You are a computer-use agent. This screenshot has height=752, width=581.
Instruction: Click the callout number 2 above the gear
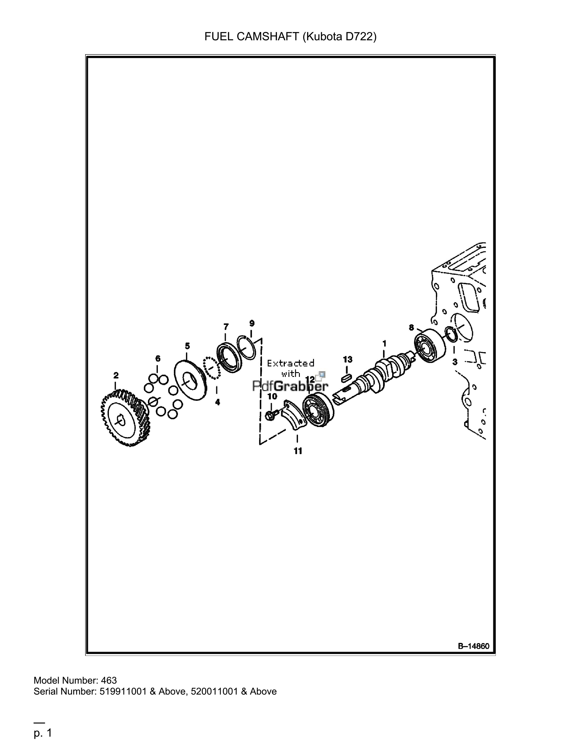click(116, 375)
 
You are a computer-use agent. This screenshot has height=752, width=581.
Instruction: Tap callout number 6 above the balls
click(158, 358)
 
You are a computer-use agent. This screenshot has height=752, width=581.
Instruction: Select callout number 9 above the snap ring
click(252, 323)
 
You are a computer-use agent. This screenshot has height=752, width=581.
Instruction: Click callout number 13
click(348, 359)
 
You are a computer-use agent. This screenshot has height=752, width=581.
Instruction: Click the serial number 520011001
click(214, 691)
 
